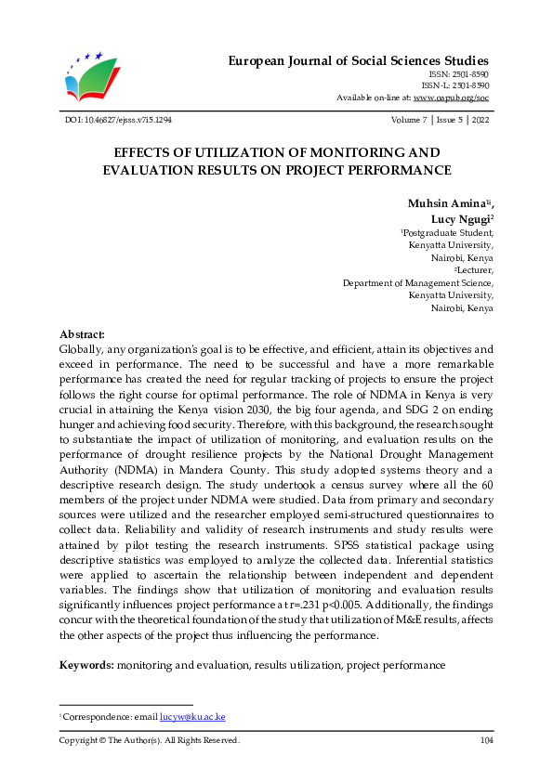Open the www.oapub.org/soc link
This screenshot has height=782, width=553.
point(452,97)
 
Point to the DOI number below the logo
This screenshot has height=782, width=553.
point(118,121)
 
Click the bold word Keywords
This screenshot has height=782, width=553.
point(87,666)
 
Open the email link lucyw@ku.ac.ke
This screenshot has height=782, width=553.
point(192,717)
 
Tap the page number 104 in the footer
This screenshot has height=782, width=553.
point(485,740)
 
